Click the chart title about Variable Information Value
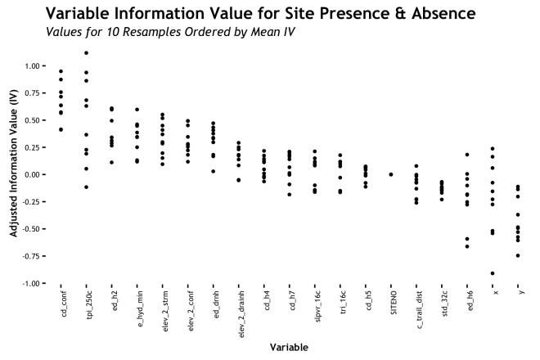261,14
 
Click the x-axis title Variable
290,347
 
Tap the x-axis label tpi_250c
87,309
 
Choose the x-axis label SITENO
391,307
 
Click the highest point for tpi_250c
87,53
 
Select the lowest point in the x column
493,273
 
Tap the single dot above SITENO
391,174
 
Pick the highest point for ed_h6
467,155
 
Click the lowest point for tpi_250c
87,187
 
